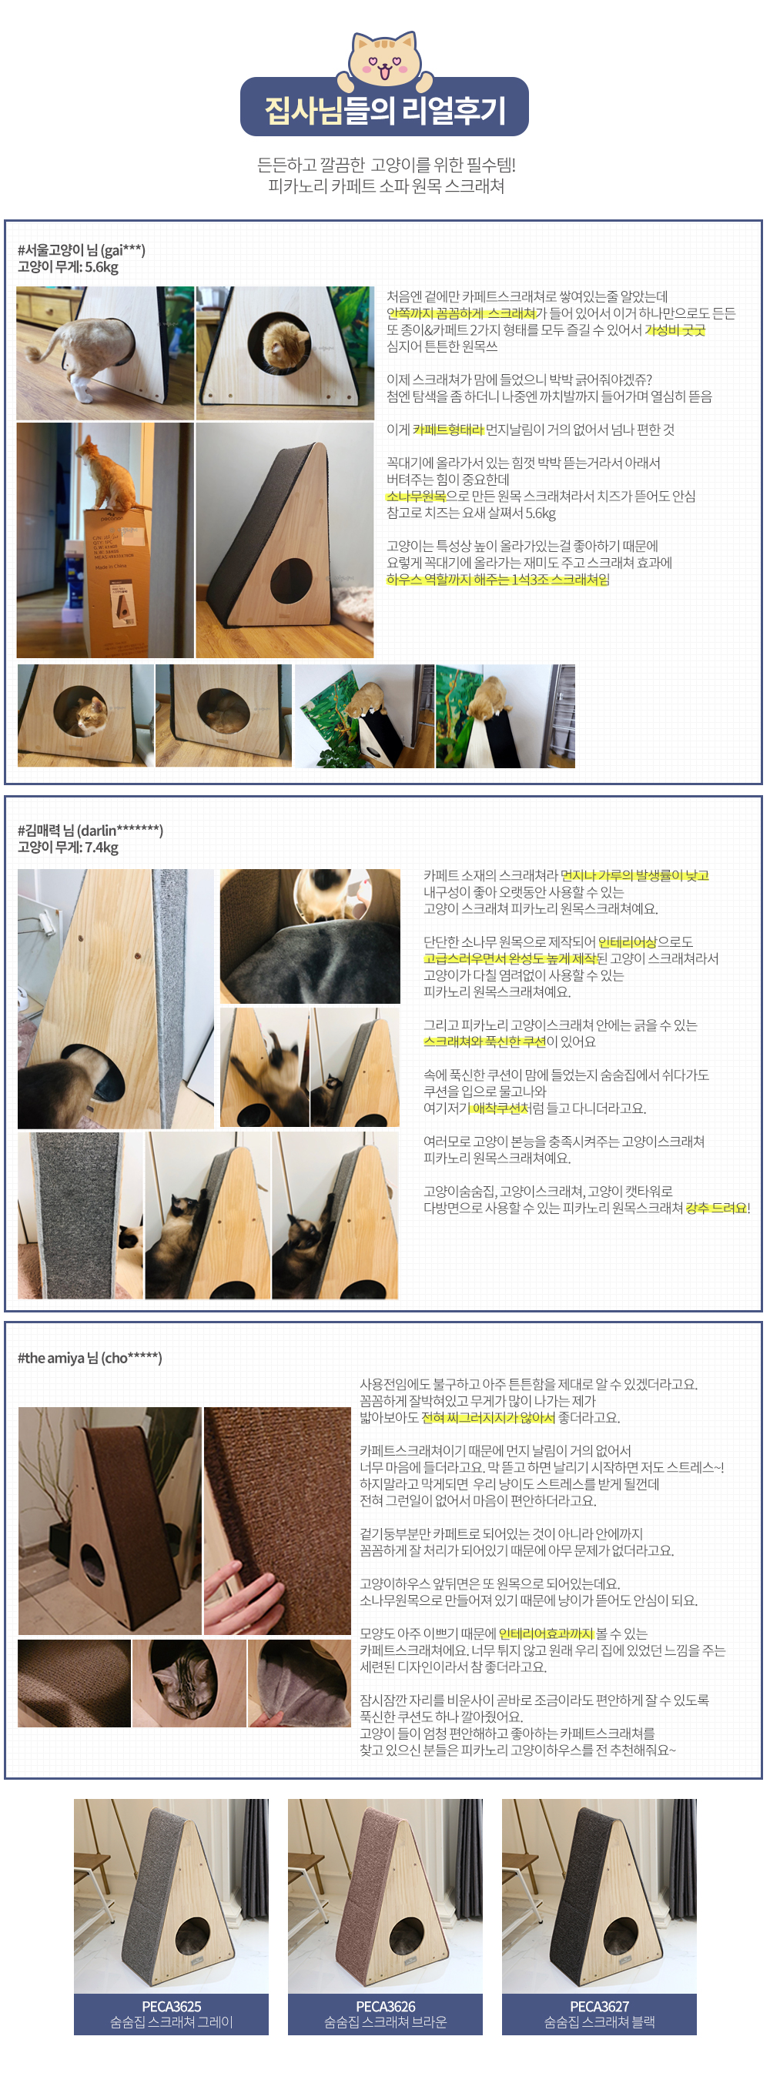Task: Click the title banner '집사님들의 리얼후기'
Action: [384, 109]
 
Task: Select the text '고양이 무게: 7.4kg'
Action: [68, 848]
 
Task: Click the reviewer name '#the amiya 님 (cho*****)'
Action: [89, 1358]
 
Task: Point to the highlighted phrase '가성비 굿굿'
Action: [675, 330]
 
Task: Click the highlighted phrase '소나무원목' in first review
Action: [415, 496]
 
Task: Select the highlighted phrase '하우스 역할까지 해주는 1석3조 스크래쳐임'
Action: [497, 580]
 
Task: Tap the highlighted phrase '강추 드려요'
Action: [715, 1208]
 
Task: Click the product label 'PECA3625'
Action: [172, 2006]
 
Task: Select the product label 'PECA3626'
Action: [386, 2006]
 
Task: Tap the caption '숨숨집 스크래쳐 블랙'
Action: [599, 2021]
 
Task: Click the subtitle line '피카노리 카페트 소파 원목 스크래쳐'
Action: [386, 186]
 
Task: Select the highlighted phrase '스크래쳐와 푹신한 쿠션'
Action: [484, 1042]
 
